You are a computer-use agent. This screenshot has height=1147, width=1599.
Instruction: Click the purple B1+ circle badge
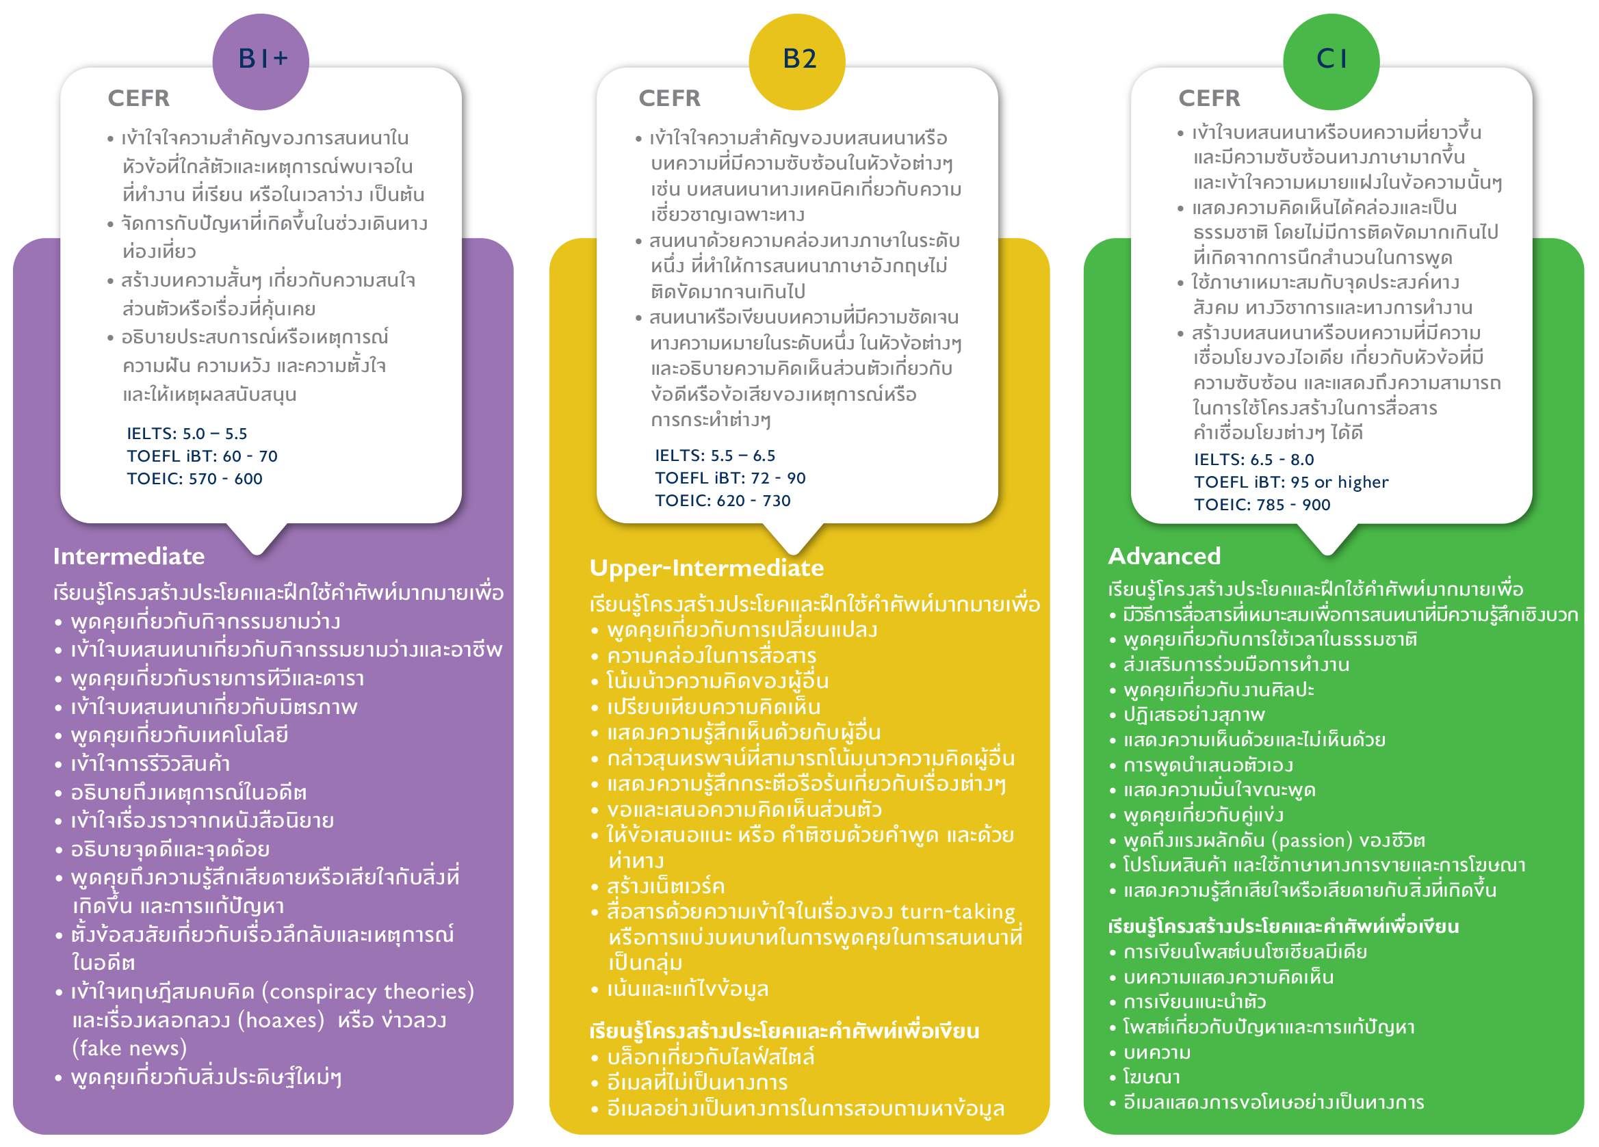pyautogui.click(x=260, y=62)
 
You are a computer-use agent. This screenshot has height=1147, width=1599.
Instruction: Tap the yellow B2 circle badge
pyautogui.click(x=796, y=62)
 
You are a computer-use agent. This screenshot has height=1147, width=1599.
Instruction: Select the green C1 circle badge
pyautogui.click(x=1331, y=62)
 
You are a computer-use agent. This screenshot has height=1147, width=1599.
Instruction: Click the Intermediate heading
pyautogui.click(x=129, y=556)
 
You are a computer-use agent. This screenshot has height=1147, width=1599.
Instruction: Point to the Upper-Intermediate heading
pyautogui.click(x=706, y=568)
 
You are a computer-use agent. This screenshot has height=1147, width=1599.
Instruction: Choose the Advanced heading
pyautogui.click(x=1164, y=555)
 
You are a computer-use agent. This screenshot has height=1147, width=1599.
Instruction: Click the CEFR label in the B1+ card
pyautogui.click(x=139, y=98)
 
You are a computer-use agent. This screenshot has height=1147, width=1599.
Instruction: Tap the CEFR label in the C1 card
pyautogui.click(x=1209, y=98)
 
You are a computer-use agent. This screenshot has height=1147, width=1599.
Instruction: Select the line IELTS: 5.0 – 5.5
pyautogui.click(x=187, y=434)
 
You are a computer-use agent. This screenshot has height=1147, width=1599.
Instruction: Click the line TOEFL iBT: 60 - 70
pyautogui.click(x=203, y=456)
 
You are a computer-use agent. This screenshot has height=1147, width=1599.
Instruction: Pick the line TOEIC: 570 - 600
pyautogui.click(x=194, y=479)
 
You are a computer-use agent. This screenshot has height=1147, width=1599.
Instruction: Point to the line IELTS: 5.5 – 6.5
pyautogui.click(x=715, y=456)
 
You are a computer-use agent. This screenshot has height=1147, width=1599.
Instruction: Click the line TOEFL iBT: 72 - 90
pyautogui.click(x=731, y=478)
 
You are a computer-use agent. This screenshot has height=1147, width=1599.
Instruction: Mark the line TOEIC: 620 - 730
pyautogui.click(x=723, y=501)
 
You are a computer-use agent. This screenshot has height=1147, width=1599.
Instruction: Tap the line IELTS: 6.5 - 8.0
pyautogui.click(x=1254, y=460)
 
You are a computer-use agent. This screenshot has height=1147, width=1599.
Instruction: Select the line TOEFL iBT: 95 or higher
pyautogui.click(x=1292, y=482)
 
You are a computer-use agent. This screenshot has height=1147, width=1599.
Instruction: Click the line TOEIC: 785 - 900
pyautogui.click(x=1262, y=505)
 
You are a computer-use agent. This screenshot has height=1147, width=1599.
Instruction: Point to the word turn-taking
pyautogui.click(x=957, y=912)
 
